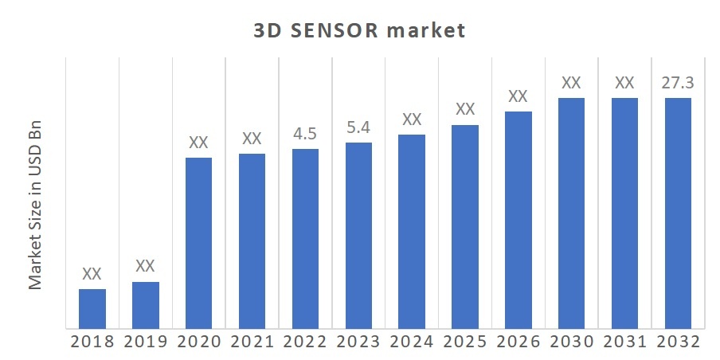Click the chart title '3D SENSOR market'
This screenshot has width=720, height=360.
pyautogui.click(x=359, y=31)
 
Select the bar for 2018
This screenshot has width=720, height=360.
pyautogui.click(x=92, y=308)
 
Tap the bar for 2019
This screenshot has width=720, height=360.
pyautogui.click(x=146, y=304)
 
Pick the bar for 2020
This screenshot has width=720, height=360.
pyautogui.click(x=199, y=243)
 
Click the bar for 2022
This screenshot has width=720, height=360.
pyautogui.click(x=305, y=238)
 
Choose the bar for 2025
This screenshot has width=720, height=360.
pyautogui.click(x=465, y=226)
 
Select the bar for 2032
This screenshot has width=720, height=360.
pyautogui.click(x=678, y=213)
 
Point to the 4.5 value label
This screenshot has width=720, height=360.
pyautogui.click(x=305, y=134)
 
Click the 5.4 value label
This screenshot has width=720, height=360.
pyautogui.click(x=358, y=127)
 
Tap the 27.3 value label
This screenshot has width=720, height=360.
pyautogui.click(x=678, y=83)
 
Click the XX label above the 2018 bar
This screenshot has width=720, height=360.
pyautogui.click(x=92, y=274)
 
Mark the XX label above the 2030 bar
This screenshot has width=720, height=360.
pyautogui.click(x=571, y=83)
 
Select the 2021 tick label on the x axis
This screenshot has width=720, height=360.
pyautogui.click(x=252, y=342)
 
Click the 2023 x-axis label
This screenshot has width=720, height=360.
pyautogui.click(x=358, y=342)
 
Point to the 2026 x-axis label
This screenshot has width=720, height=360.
pyautogui.click(x=518, y=342)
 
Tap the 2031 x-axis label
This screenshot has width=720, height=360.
pyautogui.click(x=624, y=342)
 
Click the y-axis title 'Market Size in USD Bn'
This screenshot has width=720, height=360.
pyautogui.click(x=36, y=206)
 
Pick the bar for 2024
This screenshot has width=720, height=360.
pyautogui.click(x=412, y=231)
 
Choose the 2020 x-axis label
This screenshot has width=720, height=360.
pyautogui.click(x=199, y=342)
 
